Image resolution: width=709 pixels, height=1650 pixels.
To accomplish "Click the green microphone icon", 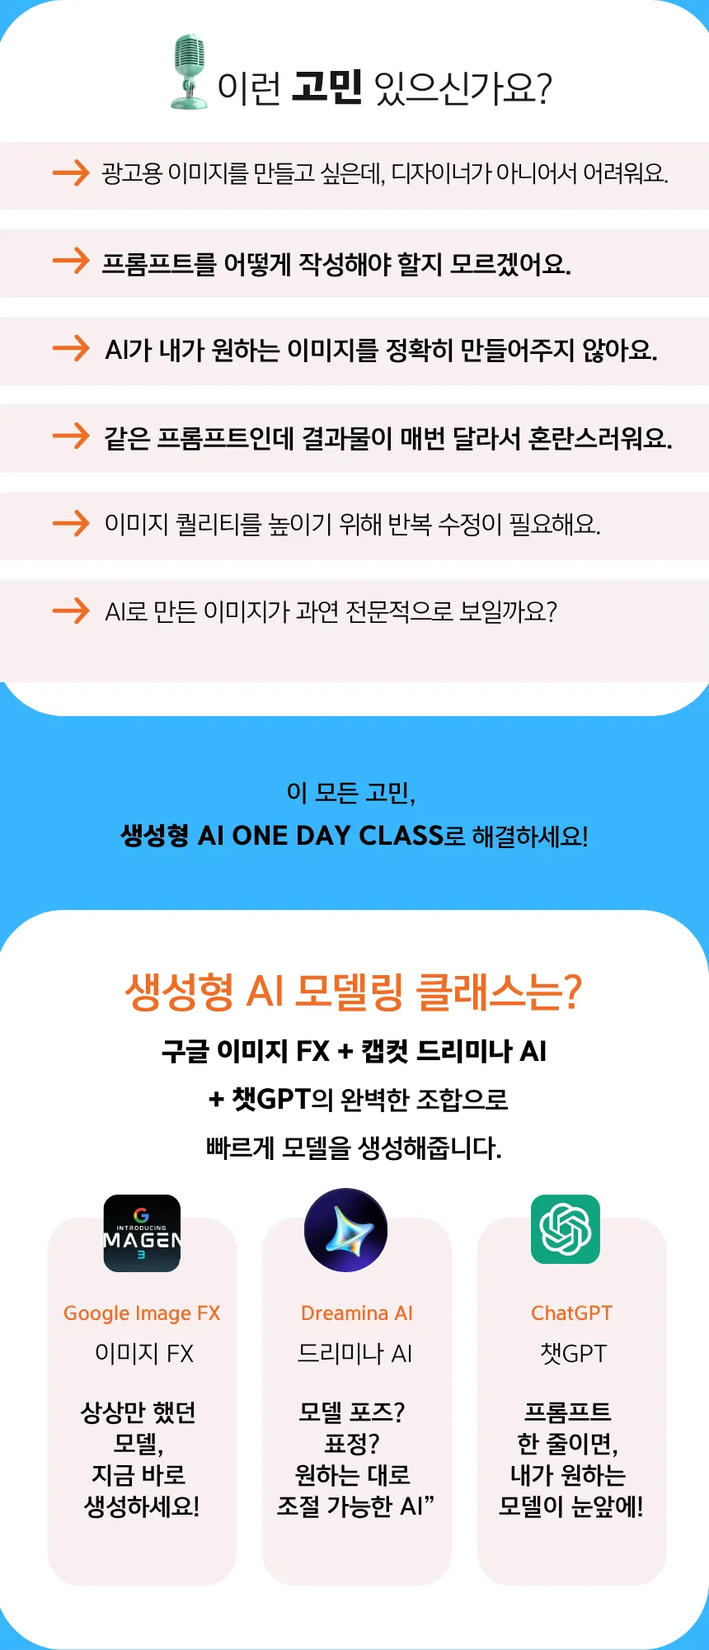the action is [x=189, y=72].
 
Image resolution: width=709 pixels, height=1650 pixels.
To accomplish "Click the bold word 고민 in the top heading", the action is [x=327, y=87].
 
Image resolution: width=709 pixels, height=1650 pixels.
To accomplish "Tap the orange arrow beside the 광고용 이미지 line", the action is [x=71, y=172].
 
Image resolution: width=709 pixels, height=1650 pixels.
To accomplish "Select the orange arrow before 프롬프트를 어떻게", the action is [x=71, y=261].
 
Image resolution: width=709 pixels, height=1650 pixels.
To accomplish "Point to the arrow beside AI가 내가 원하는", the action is [x=71, y=348].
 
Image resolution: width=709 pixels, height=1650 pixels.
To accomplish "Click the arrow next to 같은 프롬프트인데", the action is [x=71, y=436].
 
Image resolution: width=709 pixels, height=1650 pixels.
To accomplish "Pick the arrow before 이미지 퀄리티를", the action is [x=71, y=523].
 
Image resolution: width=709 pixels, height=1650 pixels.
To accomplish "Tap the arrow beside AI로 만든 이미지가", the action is [x=71, y=610].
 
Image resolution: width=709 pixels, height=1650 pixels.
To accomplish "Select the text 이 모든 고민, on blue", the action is [x=351, y=793].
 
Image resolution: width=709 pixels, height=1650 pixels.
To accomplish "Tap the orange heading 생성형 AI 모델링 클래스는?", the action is [x=354, y=991].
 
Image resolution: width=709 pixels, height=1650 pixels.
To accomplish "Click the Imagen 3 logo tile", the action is [x=142, y=1233].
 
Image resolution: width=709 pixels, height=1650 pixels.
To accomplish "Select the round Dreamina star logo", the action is [x=345, y=1230].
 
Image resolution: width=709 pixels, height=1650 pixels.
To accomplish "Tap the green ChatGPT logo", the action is [x=566, y=1229].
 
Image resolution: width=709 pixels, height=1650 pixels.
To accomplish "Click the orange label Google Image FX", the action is [x=142, y=1313].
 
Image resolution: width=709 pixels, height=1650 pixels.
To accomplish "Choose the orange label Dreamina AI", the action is [x=357, y=1313].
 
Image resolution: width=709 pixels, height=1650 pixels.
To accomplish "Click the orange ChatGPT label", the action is [x=571, y=1313].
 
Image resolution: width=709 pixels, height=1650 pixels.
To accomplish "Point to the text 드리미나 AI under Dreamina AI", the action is [x=355, y=1354].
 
